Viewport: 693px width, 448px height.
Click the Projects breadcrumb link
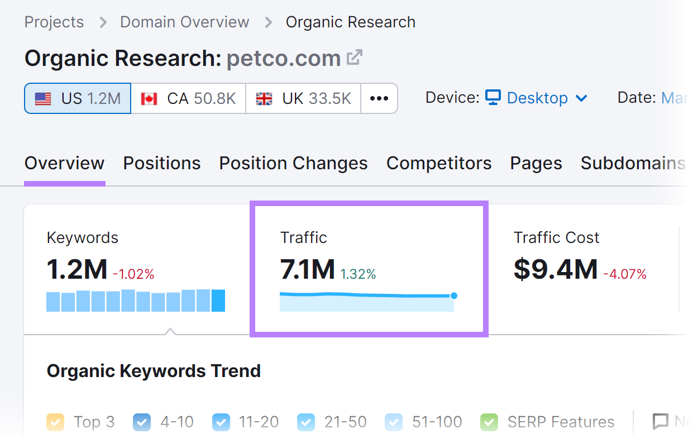[54, 22]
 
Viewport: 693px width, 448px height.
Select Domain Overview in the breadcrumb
[184, 22]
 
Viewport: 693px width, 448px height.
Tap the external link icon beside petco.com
[355, 58]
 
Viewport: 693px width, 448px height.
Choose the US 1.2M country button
[78, 99]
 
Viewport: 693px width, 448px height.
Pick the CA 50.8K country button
[188, 99]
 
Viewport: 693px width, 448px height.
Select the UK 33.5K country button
[303, 99]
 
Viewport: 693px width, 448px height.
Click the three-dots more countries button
[379, 99]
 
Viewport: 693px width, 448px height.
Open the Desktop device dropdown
[536, 98]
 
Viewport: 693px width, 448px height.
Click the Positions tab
[162, 163]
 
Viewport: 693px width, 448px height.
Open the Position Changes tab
[293, 163]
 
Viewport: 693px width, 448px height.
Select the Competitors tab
[439, 163]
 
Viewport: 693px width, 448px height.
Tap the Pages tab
[536, 163]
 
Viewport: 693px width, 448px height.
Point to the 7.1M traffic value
[307, 269]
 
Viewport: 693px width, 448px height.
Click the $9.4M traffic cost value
[556, 269]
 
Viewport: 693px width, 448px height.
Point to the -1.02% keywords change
[133, 274]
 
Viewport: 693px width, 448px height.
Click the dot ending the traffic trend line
[453, 296]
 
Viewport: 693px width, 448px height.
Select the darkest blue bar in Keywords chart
[218, 300]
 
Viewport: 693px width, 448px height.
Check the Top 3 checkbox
[55, 422]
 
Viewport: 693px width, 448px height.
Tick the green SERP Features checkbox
[489, 422]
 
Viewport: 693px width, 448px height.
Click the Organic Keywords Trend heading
[154, 371]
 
